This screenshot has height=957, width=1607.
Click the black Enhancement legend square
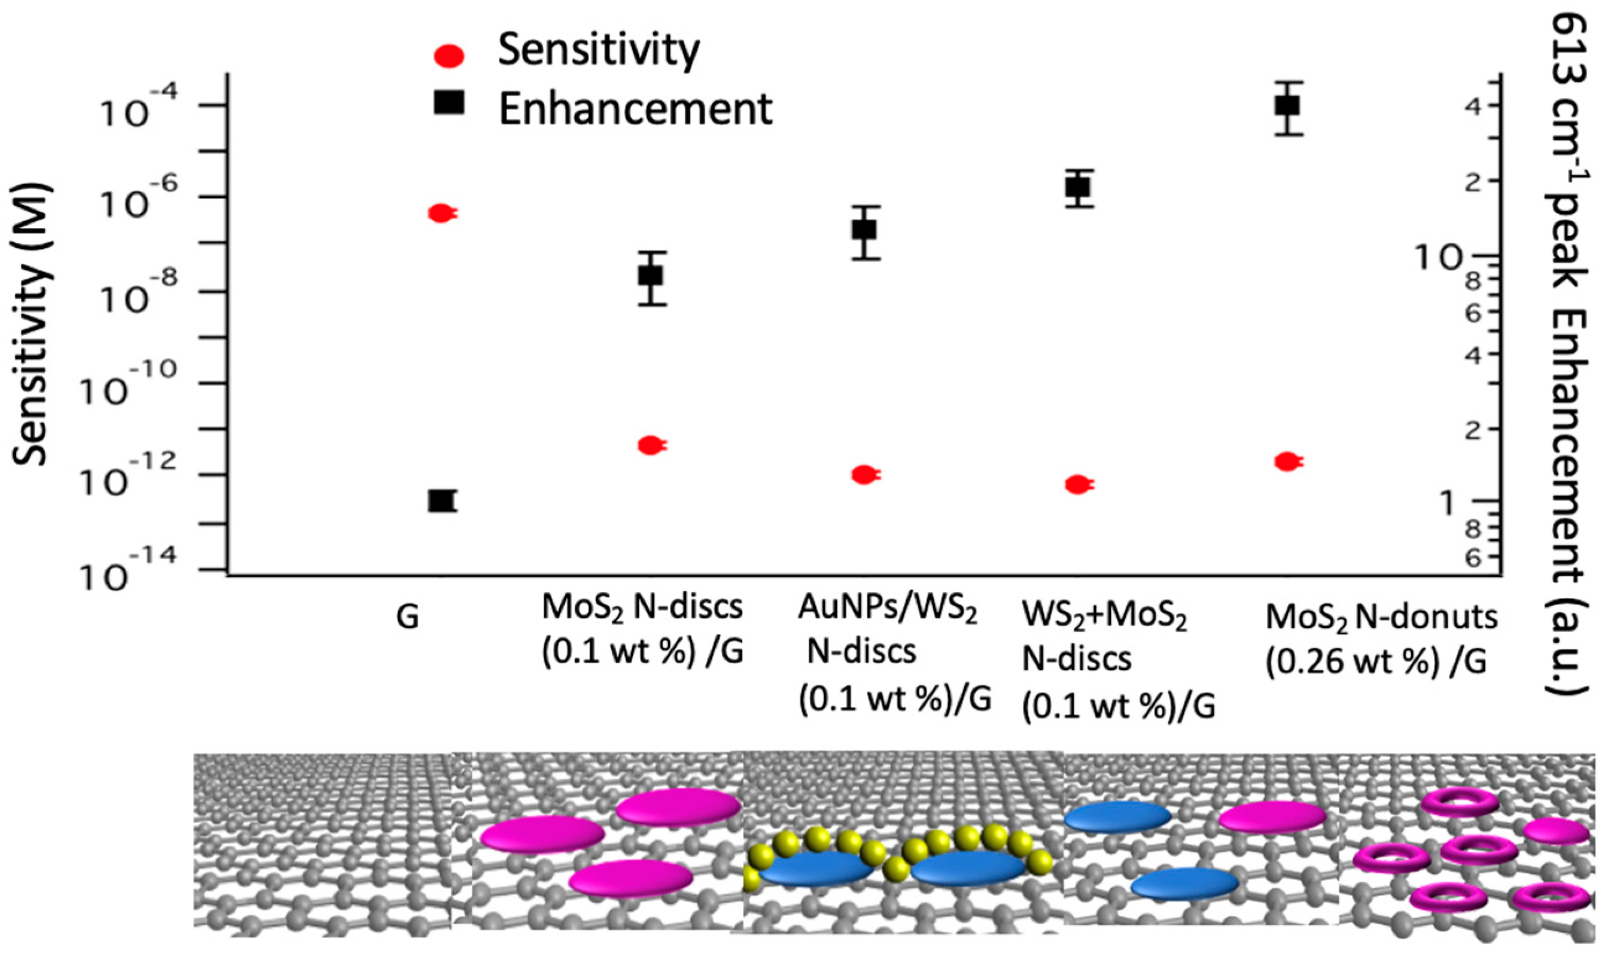[449, 102]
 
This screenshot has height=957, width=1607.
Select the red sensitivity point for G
[441, 214]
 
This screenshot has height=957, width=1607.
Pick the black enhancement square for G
[441, 501]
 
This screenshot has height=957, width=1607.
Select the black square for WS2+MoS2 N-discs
[1078, 187]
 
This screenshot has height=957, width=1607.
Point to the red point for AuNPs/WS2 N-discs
[864, 475]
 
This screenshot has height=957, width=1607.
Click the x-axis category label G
[407, 618]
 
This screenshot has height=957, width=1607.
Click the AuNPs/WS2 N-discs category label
[888, 652]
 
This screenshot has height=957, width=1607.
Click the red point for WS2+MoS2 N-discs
[1077, 485]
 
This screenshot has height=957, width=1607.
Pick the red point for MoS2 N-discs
[650, 445]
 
